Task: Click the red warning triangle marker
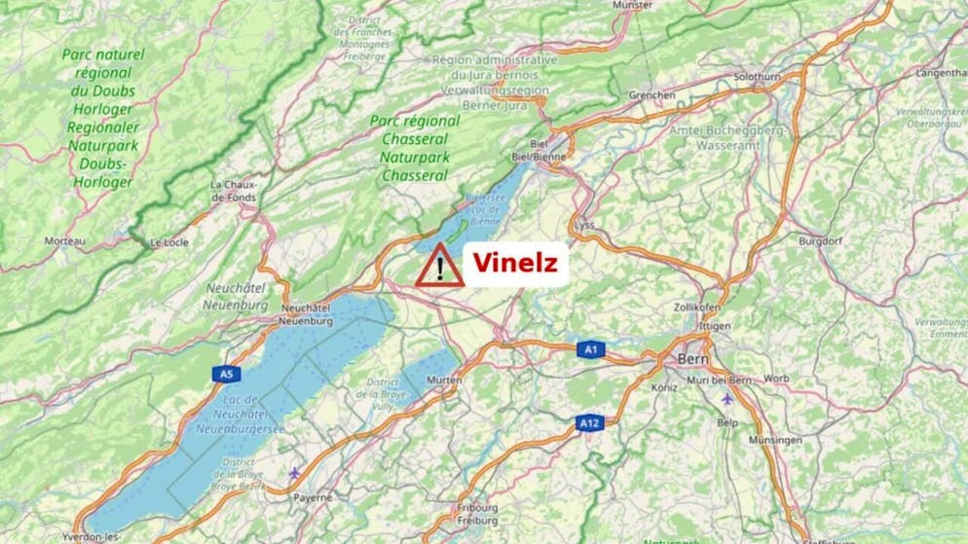point(440,267)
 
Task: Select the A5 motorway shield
point(226,374)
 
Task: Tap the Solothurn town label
point(761,75)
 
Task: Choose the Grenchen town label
point(652,95)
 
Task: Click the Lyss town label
point(584,225)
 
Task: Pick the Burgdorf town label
point(819,239)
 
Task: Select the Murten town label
point(445,381)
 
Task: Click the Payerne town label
point(313,497)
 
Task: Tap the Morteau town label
point(65,239)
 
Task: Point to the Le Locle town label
point(168,242)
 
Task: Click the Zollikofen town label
point(696,307)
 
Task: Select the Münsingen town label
point(776,440)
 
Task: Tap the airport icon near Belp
point(726,399)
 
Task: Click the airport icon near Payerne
point(294,474)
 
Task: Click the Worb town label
point(776,378)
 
